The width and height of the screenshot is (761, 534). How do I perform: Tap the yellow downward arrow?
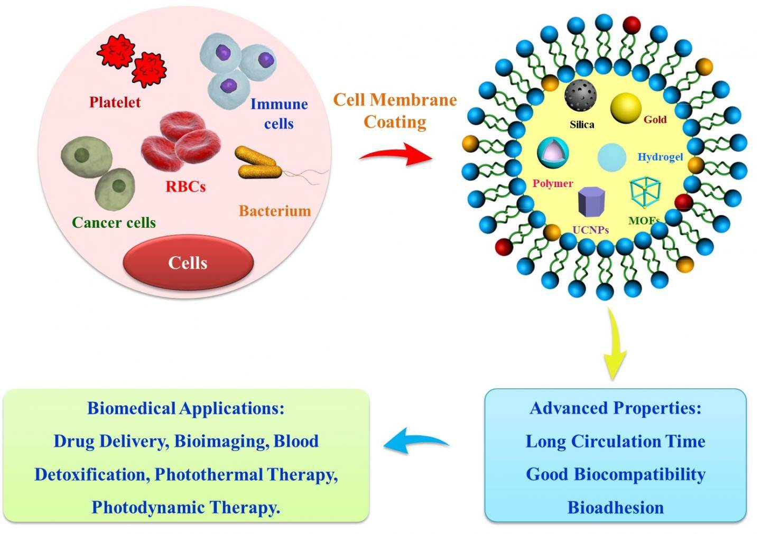[614, 343]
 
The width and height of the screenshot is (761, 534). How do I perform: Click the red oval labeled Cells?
[188, 263]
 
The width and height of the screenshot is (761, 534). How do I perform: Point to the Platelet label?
[115, 102]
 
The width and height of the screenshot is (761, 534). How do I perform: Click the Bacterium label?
[275, 211]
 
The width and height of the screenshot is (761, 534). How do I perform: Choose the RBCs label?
[185, 186]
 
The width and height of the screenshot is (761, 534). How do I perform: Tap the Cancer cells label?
[114, 222]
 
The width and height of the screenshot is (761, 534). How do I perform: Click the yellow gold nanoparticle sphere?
[626, 108]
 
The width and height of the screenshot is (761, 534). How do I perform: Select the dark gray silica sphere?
[580, 96]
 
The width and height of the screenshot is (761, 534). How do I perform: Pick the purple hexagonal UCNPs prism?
[591, 202]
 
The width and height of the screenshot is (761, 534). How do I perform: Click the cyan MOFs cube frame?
[645, 192]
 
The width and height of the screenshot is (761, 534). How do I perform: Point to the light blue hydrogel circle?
[612, 157]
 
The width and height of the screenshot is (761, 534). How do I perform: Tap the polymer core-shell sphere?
[553, 152]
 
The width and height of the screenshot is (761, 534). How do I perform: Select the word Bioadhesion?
[615, 508]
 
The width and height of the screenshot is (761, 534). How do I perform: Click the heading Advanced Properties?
[615, 408]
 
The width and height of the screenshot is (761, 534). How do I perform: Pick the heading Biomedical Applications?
[185, 408]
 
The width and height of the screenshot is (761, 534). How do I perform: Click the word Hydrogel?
[660, 157]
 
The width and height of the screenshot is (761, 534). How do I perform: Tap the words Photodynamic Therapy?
[185, 508]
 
